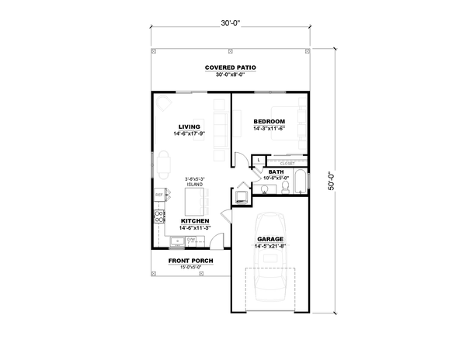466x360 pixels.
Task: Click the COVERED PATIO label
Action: (231, 67)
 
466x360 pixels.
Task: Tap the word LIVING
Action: (189, 126)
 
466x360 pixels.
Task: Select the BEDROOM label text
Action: (270, 122)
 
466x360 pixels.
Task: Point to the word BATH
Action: (276, 171)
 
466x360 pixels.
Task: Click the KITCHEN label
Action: (195, 221)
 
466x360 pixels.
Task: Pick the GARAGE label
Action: (270, 240)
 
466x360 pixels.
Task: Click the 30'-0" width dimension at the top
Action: (231, 24)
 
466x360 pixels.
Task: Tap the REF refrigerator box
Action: (159, 195)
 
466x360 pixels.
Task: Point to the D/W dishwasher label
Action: (190, 240)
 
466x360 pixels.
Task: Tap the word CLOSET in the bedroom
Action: (287, 164)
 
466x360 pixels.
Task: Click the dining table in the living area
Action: (164, 163)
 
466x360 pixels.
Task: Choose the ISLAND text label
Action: (194, 185)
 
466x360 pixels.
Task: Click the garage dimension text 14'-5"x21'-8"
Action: (270, 247)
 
